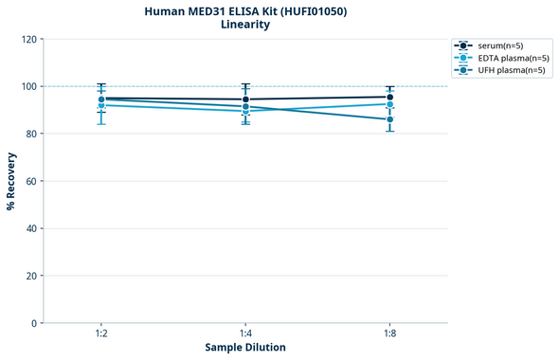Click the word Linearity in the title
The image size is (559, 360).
coord(244,25)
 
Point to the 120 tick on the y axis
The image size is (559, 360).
coord(31,39)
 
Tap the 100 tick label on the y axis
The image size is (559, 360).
coord(31,86)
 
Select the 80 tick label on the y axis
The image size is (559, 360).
coord(33,134)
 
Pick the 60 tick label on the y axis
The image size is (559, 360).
coord(33,181)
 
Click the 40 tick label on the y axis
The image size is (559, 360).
coord(33,228)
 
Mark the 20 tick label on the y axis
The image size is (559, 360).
coord(33,276)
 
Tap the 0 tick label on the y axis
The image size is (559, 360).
coord(36,323)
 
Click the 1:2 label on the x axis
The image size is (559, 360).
coord(101,334)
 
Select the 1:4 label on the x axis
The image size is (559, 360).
coord(245,334)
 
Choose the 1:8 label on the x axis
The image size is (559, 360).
coord(389,334)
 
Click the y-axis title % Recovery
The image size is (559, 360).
coord(11,181)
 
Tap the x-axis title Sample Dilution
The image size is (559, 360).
coord(245,348)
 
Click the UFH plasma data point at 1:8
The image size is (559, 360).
coord(389,119)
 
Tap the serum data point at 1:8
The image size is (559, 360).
coord(389,97)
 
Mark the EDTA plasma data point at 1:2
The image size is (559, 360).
coord(101,105)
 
